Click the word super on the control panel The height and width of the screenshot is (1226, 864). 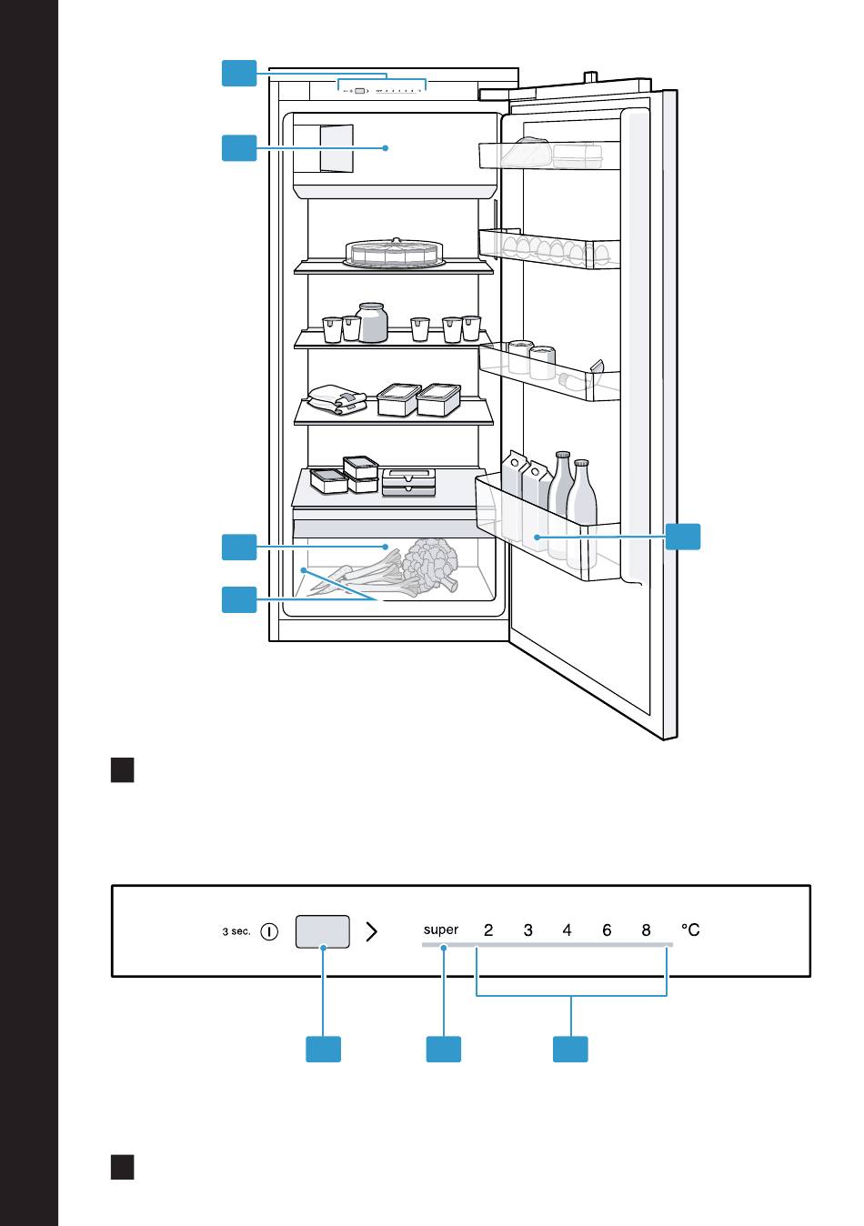441,930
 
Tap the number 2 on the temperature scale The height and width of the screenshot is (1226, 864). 488,930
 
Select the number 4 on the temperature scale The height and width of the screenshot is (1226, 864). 568,930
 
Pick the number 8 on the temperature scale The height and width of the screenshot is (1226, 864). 647,930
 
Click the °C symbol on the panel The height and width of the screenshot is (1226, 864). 691,930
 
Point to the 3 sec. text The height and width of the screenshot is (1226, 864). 236,931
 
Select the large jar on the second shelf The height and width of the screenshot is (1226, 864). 372,323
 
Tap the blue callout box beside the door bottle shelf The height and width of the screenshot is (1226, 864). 683,536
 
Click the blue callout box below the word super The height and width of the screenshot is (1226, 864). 444,1049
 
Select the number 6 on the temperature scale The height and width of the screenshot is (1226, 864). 607,930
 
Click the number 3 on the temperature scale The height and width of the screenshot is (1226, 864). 528,930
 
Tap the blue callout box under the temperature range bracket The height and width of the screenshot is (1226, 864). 571,1049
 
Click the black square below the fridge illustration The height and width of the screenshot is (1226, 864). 123,770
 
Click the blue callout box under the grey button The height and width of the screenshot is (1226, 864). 323,1049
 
